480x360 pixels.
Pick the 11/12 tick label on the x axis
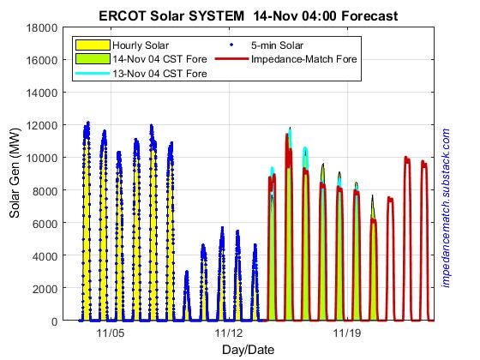tap(229, 333)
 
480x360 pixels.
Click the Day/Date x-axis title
tap(249, 349)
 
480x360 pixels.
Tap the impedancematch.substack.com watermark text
tap(446, 207)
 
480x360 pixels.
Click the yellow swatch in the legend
tap(92, 45)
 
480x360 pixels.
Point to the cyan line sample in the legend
tap(92, 74)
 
